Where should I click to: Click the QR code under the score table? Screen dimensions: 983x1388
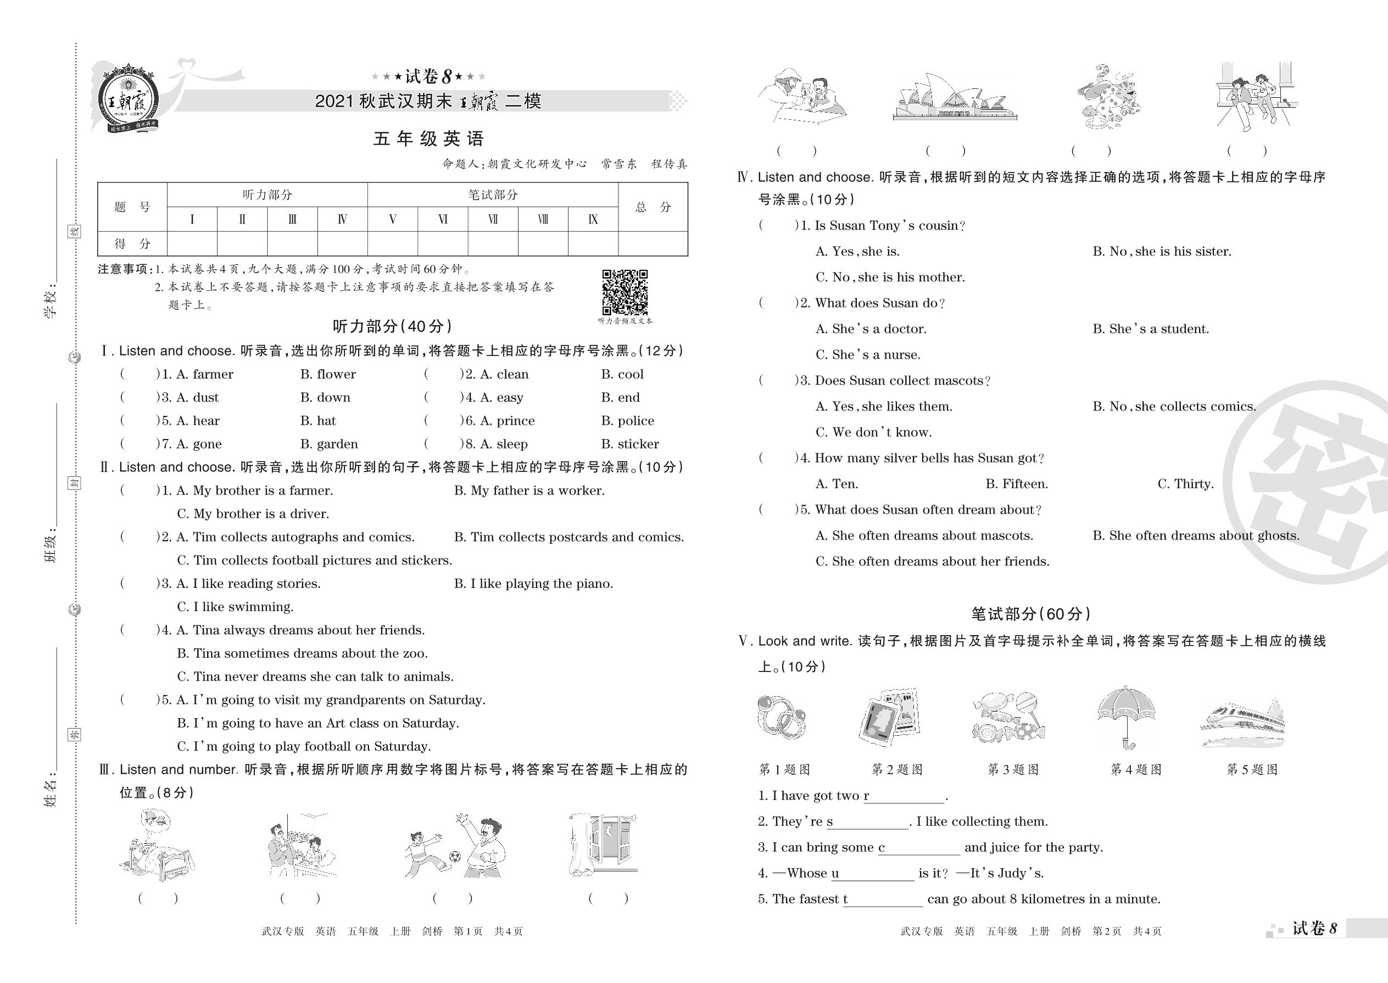click(625, 292)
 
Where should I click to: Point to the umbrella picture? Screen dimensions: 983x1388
click(1126, 718)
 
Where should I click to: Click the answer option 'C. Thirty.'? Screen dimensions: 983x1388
click(1185, 484)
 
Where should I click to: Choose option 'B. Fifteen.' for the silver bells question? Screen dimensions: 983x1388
click(1017, 484)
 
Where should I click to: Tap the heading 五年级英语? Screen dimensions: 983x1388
click(428, 139)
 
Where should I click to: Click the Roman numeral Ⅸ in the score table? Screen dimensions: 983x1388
click(593, 220)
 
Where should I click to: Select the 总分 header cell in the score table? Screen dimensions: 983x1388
click(653, 208)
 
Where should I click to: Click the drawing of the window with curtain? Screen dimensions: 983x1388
click(603, 845)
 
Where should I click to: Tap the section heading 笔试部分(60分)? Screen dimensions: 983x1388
click(1030, 614)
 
